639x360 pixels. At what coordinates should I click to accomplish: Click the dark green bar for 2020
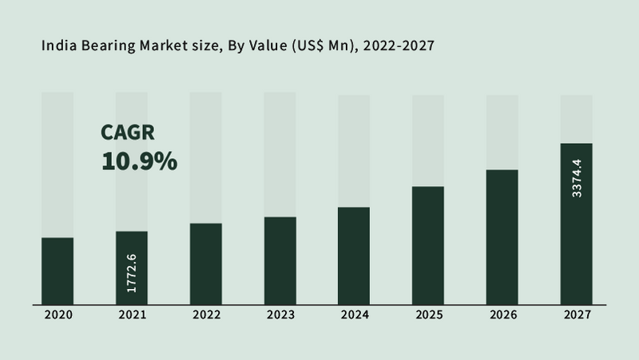pyautogui.click(x=58, y=271)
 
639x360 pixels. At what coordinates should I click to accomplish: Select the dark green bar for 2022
pyautogui.click(x=206, y=263)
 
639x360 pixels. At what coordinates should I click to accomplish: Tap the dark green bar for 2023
pyautogui.click(x=280, y=260)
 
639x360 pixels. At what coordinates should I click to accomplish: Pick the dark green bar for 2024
pyautogui.click(x=354, y=255)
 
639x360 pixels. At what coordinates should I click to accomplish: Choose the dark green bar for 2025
pyautogui.click(x=428, y=245)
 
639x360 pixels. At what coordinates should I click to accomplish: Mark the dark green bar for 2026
pyautogui.click(x=502, y=236)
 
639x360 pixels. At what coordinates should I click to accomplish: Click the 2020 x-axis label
pyautogui.click(x=58, y=315)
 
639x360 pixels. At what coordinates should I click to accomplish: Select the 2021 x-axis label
pyautogui.click(x=132, y=315)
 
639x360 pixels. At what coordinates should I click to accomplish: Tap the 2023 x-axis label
pyautogui.click(x=280, y=315)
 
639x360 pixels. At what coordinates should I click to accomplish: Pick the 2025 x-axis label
pyautogui.click(x=428, y=315)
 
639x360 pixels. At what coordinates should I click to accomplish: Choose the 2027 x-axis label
pyautogui.click(x=577, y=315)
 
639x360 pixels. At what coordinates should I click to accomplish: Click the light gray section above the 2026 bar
pyautogui.click(x=502, y=131)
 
